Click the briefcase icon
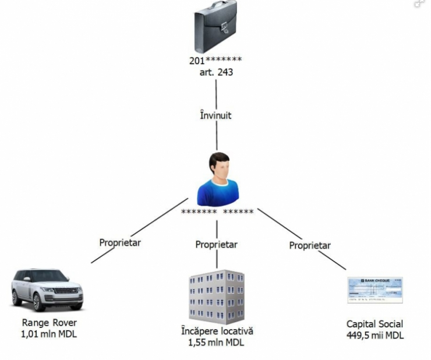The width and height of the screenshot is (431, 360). [215, 27]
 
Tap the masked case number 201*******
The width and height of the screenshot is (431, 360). [216, 60]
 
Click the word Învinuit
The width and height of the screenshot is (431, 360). [216, 115]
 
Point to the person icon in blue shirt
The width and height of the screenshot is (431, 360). [218, 178]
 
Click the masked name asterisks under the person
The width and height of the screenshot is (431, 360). [217, 212]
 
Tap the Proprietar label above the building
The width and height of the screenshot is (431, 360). [216, 245]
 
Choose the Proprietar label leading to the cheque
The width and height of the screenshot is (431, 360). [310, 245]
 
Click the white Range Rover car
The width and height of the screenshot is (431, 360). [48, 289]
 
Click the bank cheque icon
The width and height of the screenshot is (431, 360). [375, 290]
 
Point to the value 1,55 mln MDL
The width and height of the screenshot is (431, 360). [216, 343]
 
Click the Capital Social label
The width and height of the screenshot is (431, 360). [375, 324]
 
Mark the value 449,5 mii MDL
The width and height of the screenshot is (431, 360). [375, 336]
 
